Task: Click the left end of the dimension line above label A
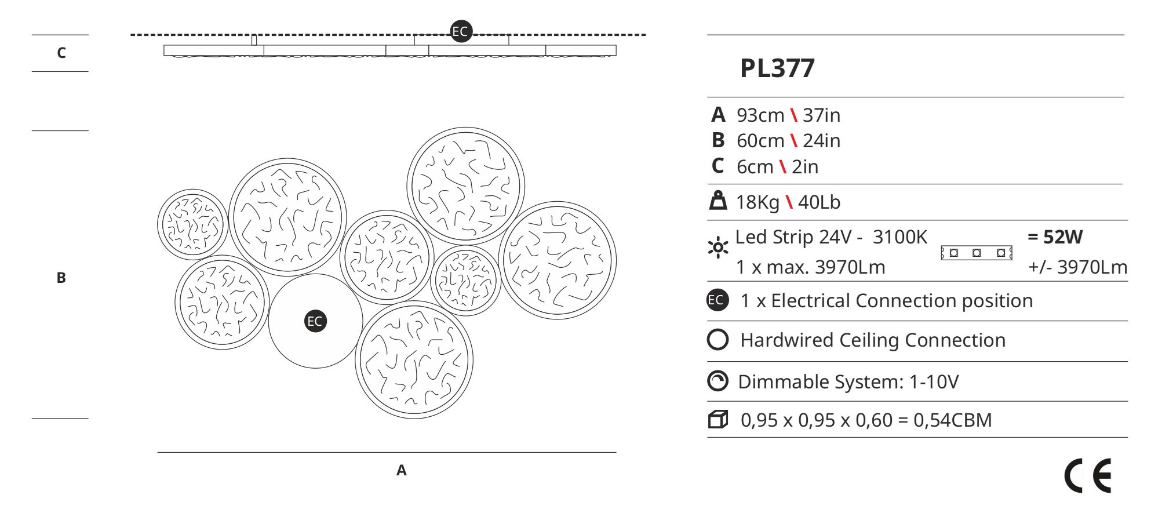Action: tap(158, 452)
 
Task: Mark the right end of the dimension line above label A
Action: tap(617, 452)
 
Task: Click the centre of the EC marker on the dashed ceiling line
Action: tap(461, 31)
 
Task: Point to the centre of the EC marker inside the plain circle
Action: tap(315, 321)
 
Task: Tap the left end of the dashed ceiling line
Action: tap(131, 35)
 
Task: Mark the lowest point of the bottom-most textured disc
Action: tap(414, 419)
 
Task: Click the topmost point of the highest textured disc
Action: tap(466, 128)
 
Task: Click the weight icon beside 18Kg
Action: tap(718, 201)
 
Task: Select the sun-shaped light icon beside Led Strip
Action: tap(719, 248)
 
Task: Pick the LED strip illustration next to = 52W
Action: tap(977, 253)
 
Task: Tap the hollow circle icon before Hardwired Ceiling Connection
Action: tap(717, 340)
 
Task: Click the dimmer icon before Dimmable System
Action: tap(717, 381)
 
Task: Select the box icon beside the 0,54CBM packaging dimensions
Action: tap(718, 419)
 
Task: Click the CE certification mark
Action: tap(1088, 476)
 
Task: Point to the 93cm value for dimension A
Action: tap(760, 115)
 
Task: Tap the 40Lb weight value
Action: tap(819, 202)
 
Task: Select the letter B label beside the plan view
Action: tap(61, 278)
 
